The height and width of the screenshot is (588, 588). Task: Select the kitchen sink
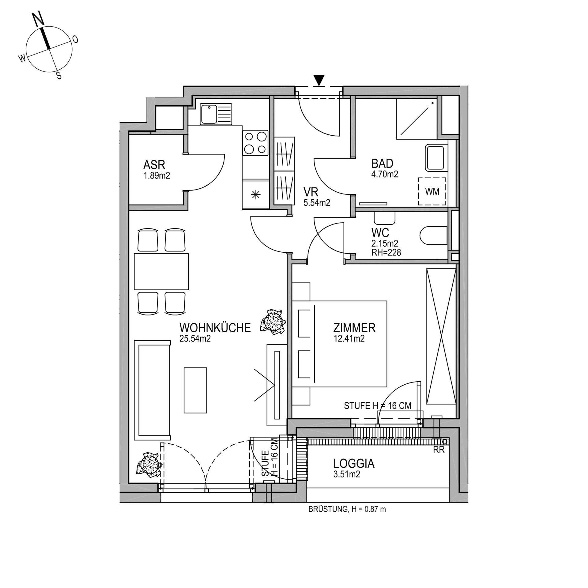click(x=216, y=114)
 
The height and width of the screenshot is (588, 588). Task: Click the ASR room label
click(x=154, y=165)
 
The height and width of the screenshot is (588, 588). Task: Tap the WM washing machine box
click(x=432, y=191)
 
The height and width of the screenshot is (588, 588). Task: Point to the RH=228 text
click(x=386, y=252)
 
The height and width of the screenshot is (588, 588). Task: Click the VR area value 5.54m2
click(x=317, y=202)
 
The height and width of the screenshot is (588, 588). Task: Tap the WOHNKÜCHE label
click(x=215, y=328)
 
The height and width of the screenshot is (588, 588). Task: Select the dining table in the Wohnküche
click(x=161, y=271)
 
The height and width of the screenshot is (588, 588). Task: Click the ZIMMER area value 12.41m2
click(x=349, y=338)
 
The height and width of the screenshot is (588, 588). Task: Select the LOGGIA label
click(x=354, y=464)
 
